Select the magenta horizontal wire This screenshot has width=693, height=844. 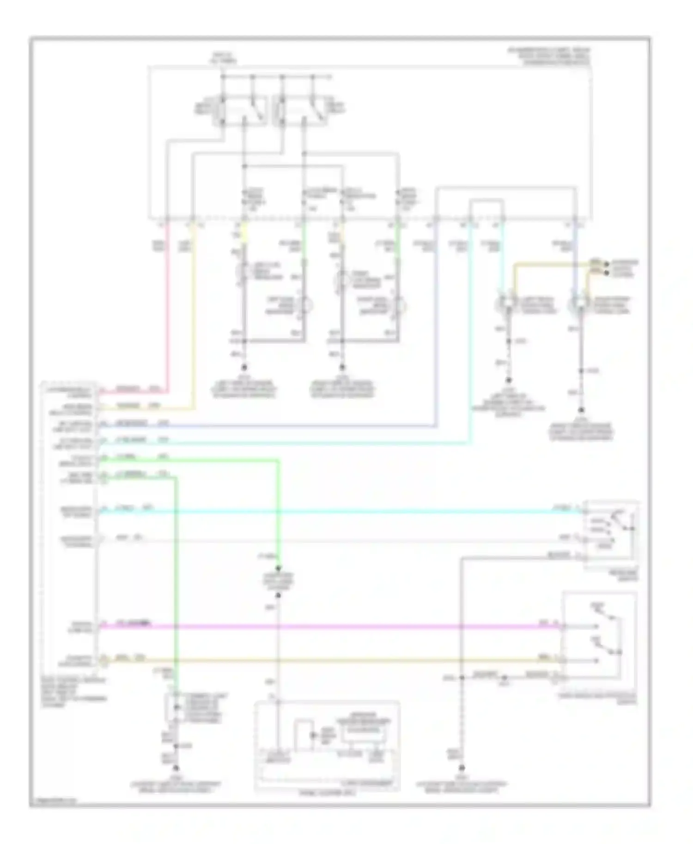pyautogui.click(x=323, y=627)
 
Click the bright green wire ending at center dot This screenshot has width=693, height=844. pyautogui.click(x=278, y=508)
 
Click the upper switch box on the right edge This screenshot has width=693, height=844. pyautogui.click(x=611, y=535)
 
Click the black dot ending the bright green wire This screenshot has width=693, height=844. pyautogui.click(x=278, y=568)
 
